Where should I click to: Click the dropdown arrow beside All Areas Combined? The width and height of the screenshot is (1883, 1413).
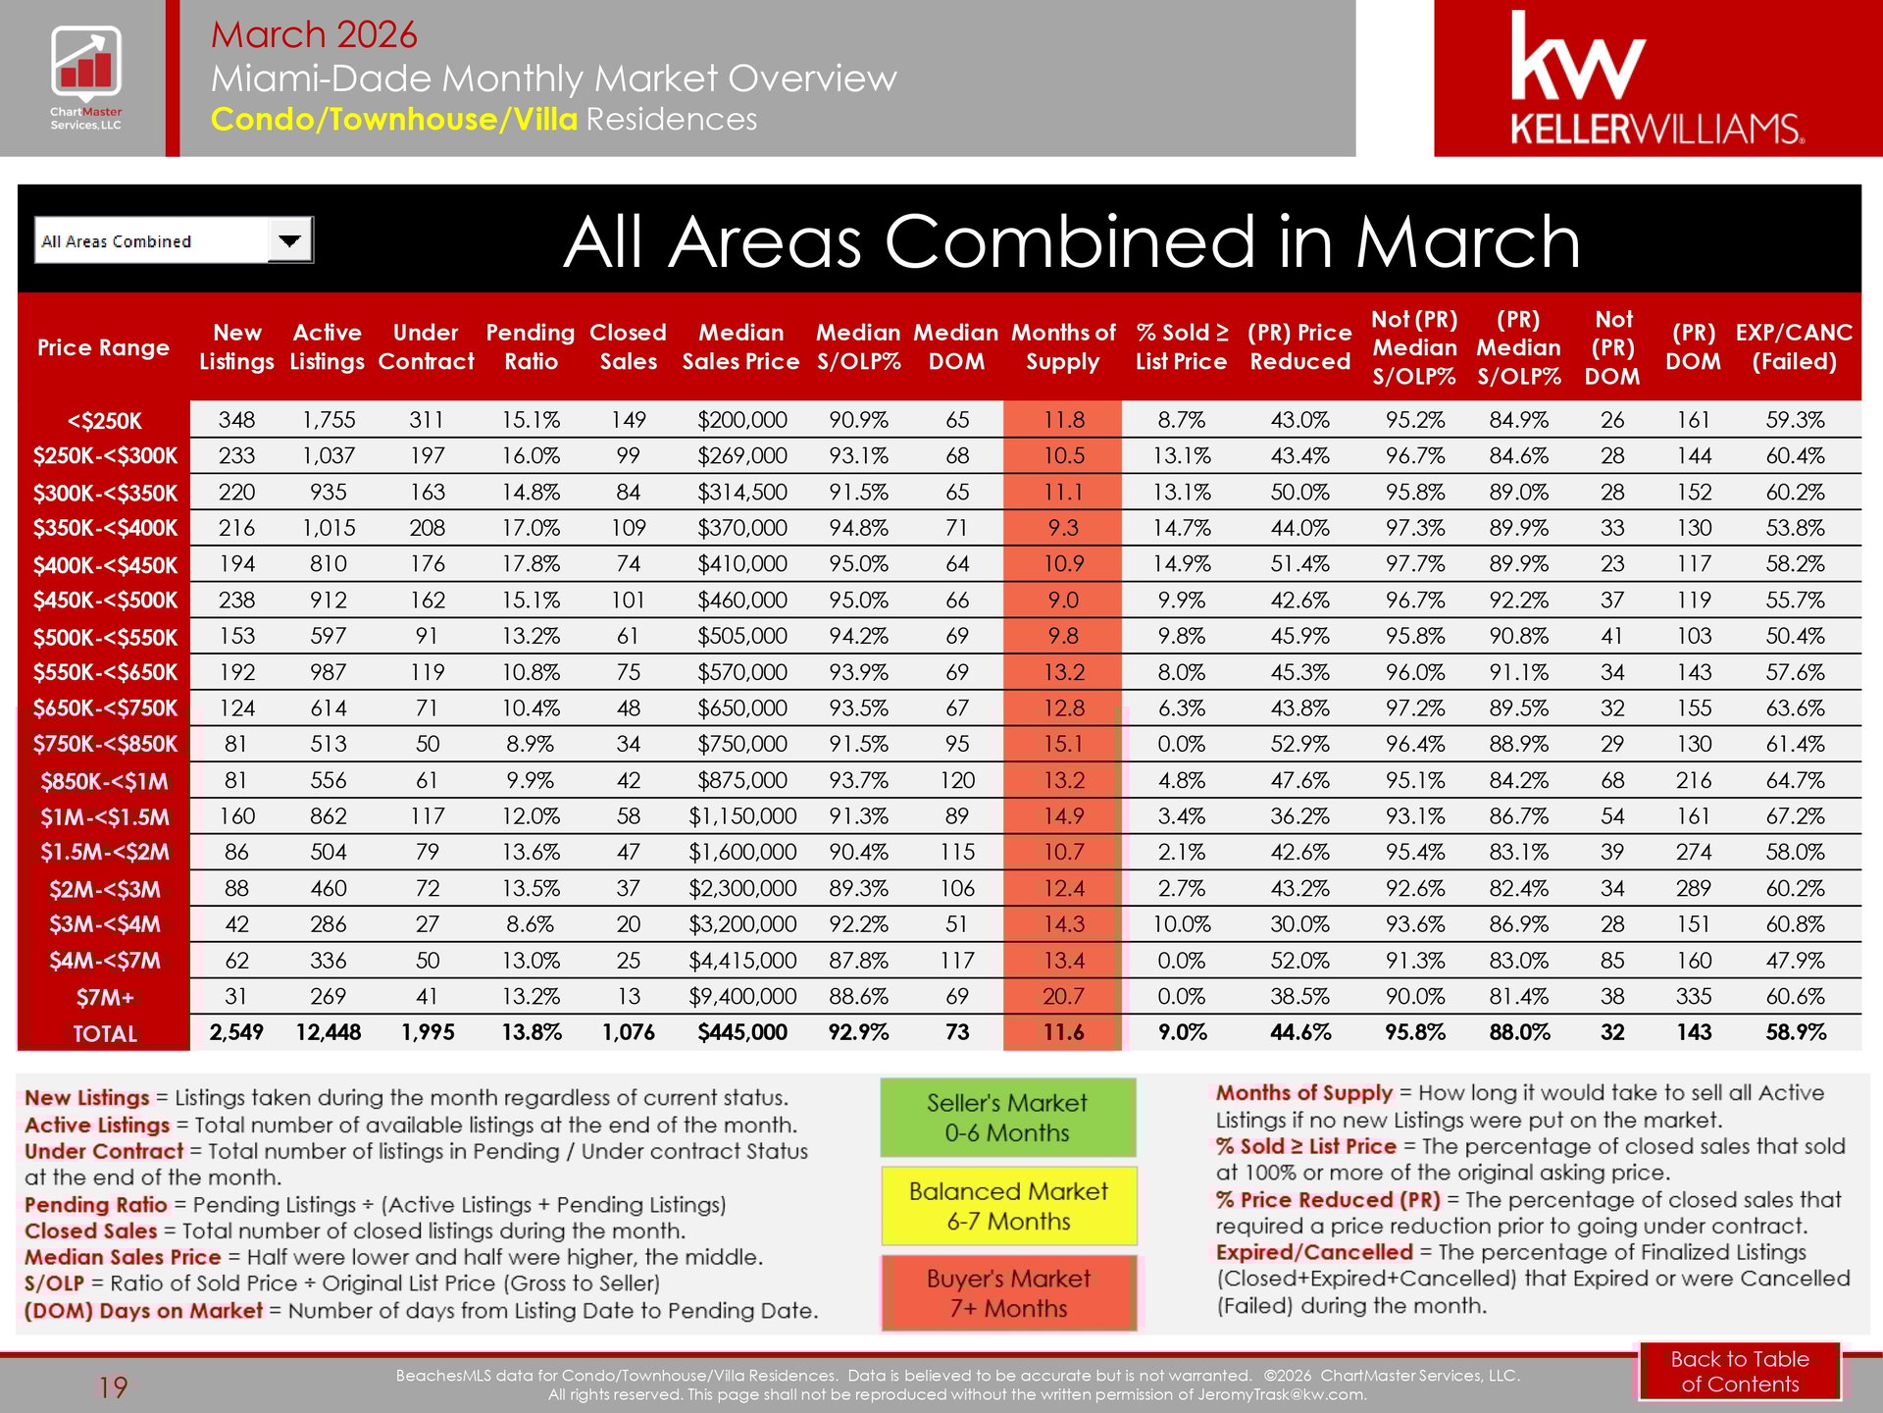290,240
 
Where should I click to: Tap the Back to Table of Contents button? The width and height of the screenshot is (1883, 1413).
1739,1371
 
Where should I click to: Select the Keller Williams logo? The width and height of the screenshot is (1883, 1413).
1656,78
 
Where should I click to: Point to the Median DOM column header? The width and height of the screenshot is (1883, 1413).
956,346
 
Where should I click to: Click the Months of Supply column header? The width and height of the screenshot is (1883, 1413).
1063,346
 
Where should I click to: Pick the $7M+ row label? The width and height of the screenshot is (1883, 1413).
104,998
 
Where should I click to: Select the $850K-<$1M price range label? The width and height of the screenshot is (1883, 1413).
104,782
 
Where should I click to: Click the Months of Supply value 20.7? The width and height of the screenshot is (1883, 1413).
1063,997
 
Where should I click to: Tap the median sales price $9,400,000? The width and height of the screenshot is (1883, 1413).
742,997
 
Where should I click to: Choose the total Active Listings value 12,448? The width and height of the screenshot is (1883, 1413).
328,1032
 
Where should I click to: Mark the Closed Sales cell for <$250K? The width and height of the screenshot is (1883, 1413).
628,420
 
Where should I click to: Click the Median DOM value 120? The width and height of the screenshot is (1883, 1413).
956,781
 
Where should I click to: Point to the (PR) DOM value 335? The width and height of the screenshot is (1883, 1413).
1694,997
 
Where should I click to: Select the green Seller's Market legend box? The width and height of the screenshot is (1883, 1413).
1007,1118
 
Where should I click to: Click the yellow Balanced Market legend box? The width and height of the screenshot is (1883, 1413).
1008,1206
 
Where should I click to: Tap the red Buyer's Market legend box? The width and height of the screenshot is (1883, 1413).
1008,1293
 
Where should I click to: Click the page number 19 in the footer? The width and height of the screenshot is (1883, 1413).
113,1387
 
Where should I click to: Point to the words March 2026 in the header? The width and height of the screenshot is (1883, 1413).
314,34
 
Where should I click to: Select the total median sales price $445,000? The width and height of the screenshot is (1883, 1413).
742,1032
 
